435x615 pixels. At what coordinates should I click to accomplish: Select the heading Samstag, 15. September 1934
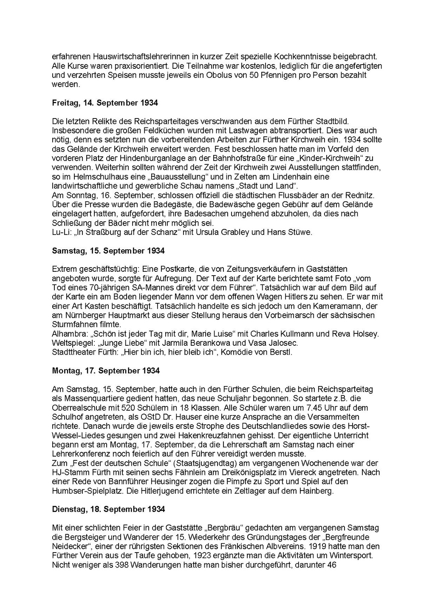point(108,251)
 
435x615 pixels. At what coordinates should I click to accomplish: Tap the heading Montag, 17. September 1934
point(106,371)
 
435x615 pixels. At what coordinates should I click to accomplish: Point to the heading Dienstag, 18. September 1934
point(108,509)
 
